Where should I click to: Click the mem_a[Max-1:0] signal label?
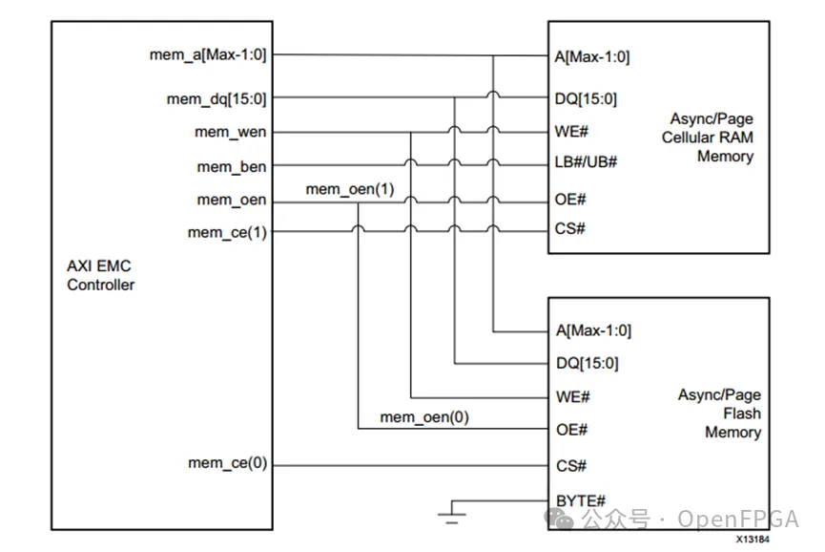[208, 54]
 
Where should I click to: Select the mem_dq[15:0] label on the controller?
[217, 99]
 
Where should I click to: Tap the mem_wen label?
[231, 132]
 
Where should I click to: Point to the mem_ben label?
[232, 167]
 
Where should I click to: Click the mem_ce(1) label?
[227, 232]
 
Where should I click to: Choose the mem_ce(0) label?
[227, 463]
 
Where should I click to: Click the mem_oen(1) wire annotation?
[350, 189]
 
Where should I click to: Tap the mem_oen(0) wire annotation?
[424, 417]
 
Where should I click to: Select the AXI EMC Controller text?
[100, 275]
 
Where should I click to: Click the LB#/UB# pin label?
[586, 161]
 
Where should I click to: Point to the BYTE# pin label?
[581, 500]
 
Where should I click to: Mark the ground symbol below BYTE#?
[452, 513]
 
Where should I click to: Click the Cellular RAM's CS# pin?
[569, 228]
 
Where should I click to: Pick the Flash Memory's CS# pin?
[571, 466]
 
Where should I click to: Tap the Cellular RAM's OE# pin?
[570, 199]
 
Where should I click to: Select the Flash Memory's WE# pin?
[573, 396]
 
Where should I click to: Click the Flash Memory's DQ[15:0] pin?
[588, 363]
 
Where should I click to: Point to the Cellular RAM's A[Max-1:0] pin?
[592, 56]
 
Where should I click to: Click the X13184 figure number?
[753, 540]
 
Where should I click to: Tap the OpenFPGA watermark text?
[737, 520]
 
